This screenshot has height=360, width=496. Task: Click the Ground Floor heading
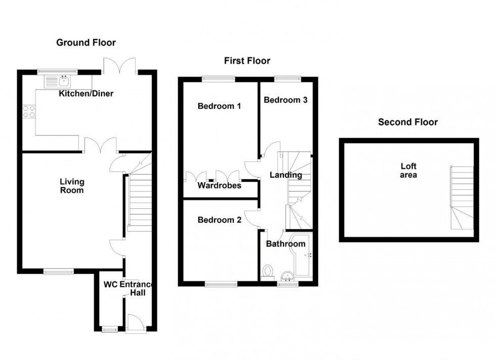click(86, 42)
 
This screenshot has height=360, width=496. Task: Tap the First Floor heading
click(247, 61)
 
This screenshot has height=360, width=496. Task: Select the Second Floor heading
click(408, 122)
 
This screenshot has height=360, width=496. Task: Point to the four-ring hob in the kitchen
click(29, 111)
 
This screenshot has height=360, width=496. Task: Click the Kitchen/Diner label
click(86, 94)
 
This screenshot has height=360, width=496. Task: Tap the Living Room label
click(72, 186)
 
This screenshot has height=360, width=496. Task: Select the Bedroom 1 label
click(219, 106)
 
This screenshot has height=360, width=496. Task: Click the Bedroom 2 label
click(219, 220)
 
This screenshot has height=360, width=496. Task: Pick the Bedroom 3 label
click(285, 100)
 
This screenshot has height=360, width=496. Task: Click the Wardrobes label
click(219, 186)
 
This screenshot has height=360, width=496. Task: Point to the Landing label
click(285, 175)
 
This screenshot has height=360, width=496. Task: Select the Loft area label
click(408, 170)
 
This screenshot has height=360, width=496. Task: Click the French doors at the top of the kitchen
click(119, 67)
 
